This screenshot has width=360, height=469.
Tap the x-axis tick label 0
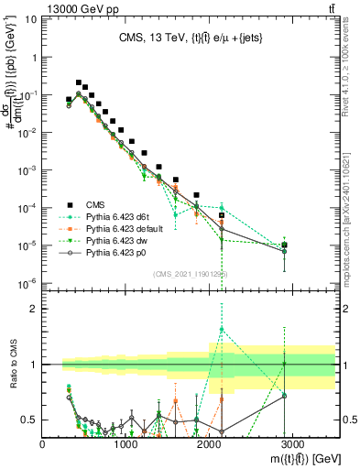point(43,442)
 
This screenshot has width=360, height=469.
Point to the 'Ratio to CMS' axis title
point(13,357)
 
